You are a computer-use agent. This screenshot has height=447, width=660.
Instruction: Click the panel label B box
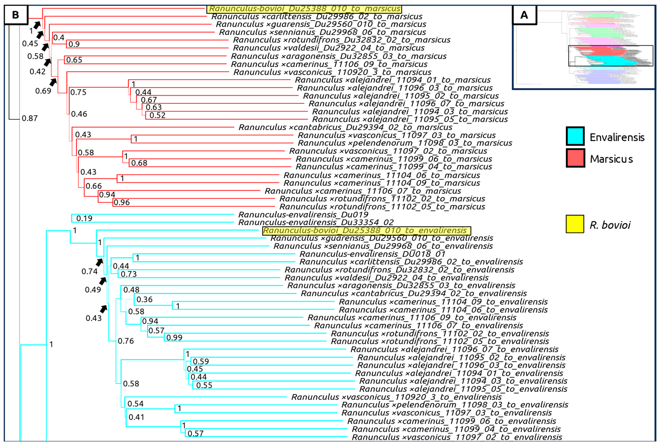tap(16, 15)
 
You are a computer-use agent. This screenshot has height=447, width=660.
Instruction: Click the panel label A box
tap(524, 15)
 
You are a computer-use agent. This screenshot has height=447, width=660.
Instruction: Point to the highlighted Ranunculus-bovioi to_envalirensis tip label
tap(366, 230)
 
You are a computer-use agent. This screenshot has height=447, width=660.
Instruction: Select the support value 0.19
tap(84, 218)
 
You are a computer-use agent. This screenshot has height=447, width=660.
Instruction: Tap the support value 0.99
tap(174, 337)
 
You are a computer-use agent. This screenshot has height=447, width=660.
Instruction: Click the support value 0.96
tap(121, 202)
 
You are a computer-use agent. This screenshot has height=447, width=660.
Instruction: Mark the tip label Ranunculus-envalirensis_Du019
tap(303, 215)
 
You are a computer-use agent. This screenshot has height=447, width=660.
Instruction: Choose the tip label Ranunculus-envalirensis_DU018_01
tap(372, 254)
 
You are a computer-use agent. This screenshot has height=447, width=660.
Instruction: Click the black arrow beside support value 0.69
tap(53, 82)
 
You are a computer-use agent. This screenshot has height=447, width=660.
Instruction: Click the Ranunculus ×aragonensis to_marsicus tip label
tap(339, 56)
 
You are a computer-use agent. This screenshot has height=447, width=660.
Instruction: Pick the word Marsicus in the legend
tap(611, 159)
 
